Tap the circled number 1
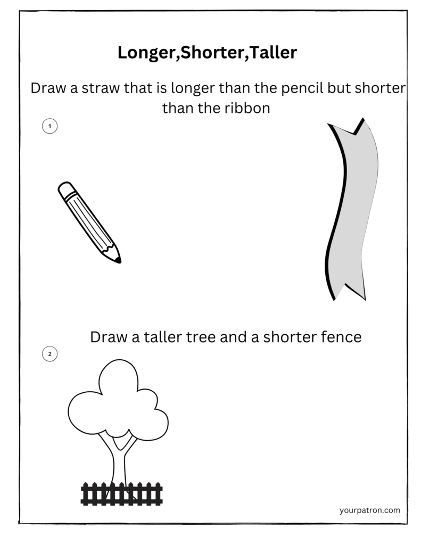pos(49,126)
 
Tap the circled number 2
pos(49,354)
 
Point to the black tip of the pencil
pos(118,260)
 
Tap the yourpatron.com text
pos(369,510)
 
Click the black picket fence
pos(121,493)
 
